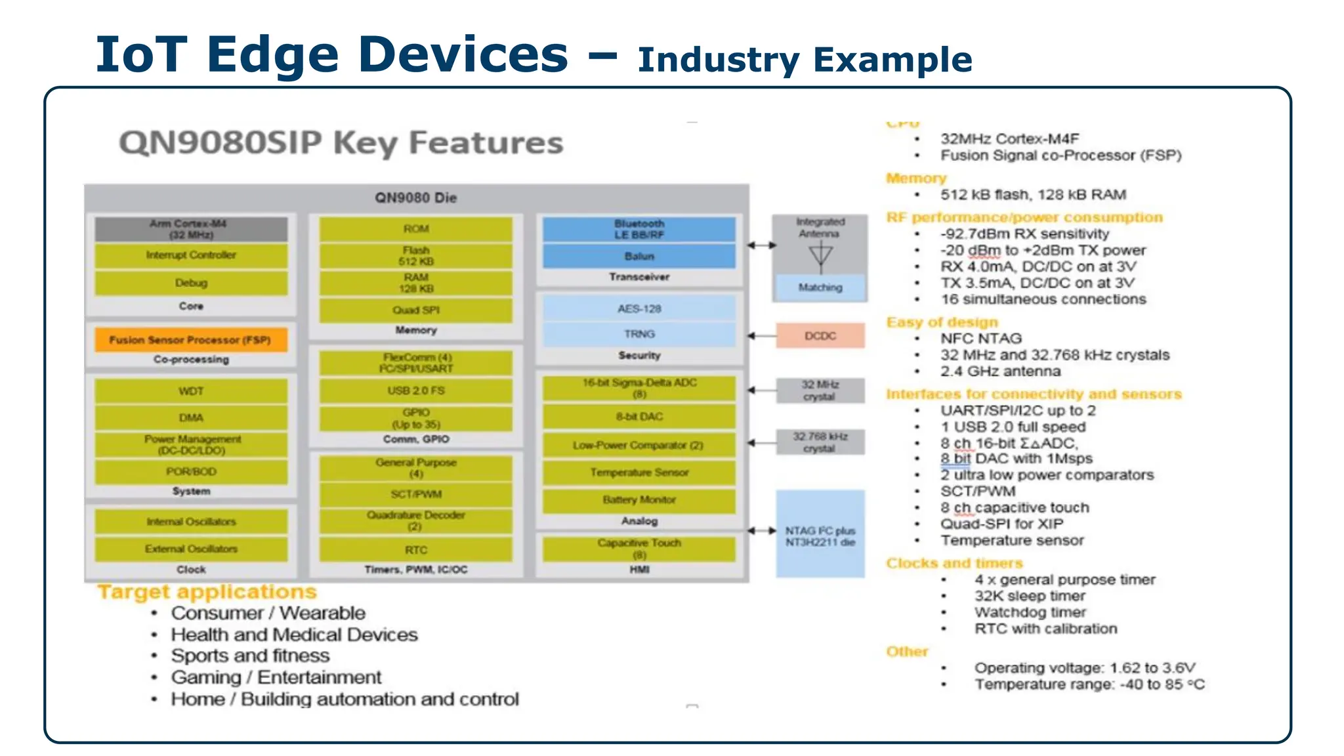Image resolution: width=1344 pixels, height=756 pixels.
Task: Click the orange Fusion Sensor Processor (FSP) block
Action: coord(191,340)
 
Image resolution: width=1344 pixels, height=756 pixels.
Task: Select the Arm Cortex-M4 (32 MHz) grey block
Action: coord(191,229)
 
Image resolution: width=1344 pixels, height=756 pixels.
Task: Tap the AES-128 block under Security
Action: coord(639,308)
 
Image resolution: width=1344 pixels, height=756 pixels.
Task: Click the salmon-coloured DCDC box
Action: coord(820,336)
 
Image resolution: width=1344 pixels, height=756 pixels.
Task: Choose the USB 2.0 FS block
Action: coord(416,390)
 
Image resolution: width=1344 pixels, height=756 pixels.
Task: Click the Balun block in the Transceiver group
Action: coord(639,256)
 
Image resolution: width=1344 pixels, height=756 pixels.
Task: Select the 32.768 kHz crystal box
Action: coord(820,442)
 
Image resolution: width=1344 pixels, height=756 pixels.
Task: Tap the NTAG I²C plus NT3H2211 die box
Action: coord(820,535)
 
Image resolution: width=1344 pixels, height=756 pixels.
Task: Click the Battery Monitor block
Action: coord(639,500)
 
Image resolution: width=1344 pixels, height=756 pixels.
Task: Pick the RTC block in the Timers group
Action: coord(416,550)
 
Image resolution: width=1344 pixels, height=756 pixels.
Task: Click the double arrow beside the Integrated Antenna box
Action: coord(761,245)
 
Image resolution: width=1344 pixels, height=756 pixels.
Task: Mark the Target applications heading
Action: coord(207,592)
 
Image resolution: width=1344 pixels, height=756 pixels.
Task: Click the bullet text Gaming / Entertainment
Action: coord(276,677)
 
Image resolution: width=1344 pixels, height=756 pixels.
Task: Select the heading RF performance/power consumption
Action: coord(1024,217)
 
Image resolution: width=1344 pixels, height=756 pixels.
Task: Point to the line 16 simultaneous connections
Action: coord(1043,299)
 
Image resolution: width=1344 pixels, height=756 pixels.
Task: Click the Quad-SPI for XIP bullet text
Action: coord(1001,524)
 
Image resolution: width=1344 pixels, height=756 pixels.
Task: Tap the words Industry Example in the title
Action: coord(805,60)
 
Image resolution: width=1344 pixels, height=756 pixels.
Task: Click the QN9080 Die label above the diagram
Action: coord(416,198)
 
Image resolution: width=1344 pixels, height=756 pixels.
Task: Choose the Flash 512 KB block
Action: coord(416,256)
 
